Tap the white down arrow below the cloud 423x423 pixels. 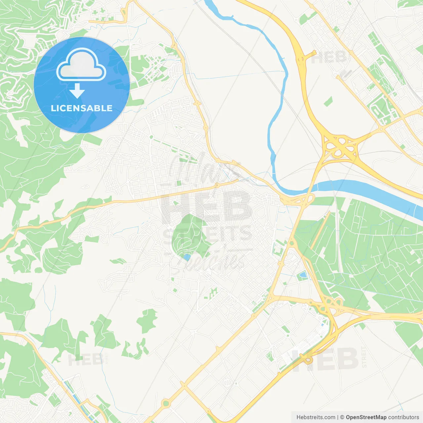coord(77,91)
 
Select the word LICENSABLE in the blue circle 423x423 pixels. coord(82,108)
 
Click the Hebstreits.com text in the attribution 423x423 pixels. coord(316,417)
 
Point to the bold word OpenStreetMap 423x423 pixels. coord(366,417)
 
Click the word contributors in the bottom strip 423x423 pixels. coord(404,417)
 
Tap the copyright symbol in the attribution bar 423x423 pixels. coord(342,417)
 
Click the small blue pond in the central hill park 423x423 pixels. coord(187,257)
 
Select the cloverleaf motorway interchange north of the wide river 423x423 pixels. coord(339,146)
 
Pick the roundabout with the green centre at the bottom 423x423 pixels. coord(166,403)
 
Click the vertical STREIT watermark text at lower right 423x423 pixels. coord(364,357)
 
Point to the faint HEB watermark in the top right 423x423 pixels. coord(329,58)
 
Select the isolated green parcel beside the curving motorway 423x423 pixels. coord(328,101)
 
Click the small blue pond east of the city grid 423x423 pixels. coord(303,274)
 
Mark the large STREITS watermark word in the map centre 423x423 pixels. coord(208,234)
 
